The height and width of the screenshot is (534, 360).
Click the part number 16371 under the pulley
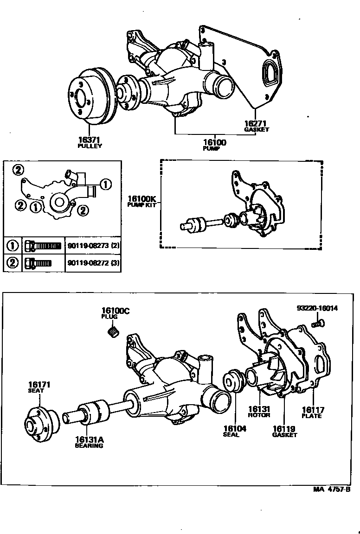tap(90, 140)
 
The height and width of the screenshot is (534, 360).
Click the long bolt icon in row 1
tap(43, 245)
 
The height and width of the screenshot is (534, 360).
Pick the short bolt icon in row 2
tap(38, 263)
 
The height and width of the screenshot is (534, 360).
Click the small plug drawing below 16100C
tap(113, 331)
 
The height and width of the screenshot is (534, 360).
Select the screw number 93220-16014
tap(317, 308)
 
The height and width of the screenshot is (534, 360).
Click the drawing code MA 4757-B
tap(331, 489)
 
